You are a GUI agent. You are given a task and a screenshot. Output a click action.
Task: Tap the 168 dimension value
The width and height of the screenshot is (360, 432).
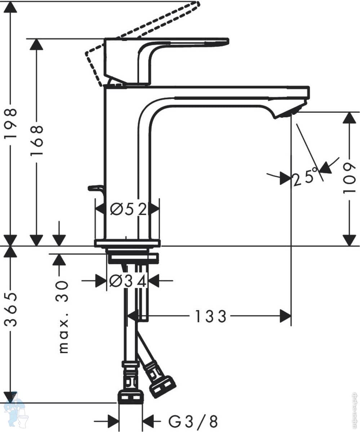[x=37, y=140]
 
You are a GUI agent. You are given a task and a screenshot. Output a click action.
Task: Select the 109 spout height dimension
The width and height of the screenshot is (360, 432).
[x=350, y=178]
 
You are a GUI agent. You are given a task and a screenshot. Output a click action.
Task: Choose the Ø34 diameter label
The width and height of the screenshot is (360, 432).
[x=128, y=281]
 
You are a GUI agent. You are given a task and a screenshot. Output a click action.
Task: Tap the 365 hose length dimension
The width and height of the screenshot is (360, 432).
[x=11, y=310]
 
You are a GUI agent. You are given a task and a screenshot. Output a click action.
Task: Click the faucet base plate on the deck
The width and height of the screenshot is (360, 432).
[x=127, y=243]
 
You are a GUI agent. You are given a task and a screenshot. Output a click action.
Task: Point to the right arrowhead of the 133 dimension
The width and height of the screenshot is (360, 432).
[x=285, y=316]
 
